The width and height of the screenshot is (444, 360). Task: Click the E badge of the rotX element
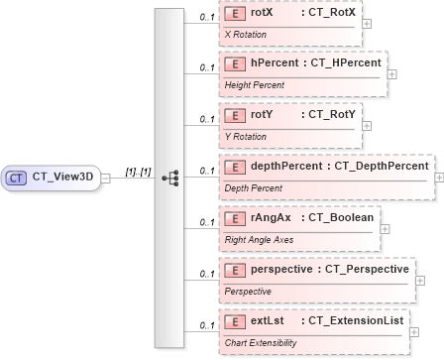[x=235, y=13]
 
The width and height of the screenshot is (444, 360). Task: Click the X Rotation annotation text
[x=245, y=34]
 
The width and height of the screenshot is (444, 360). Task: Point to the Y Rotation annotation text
[x=245, y=137]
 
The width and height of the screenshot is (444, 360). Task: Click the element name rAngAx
[x=271, y=217]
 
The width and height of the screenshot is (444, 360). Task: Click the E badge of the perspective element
[x=235, y=269]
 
